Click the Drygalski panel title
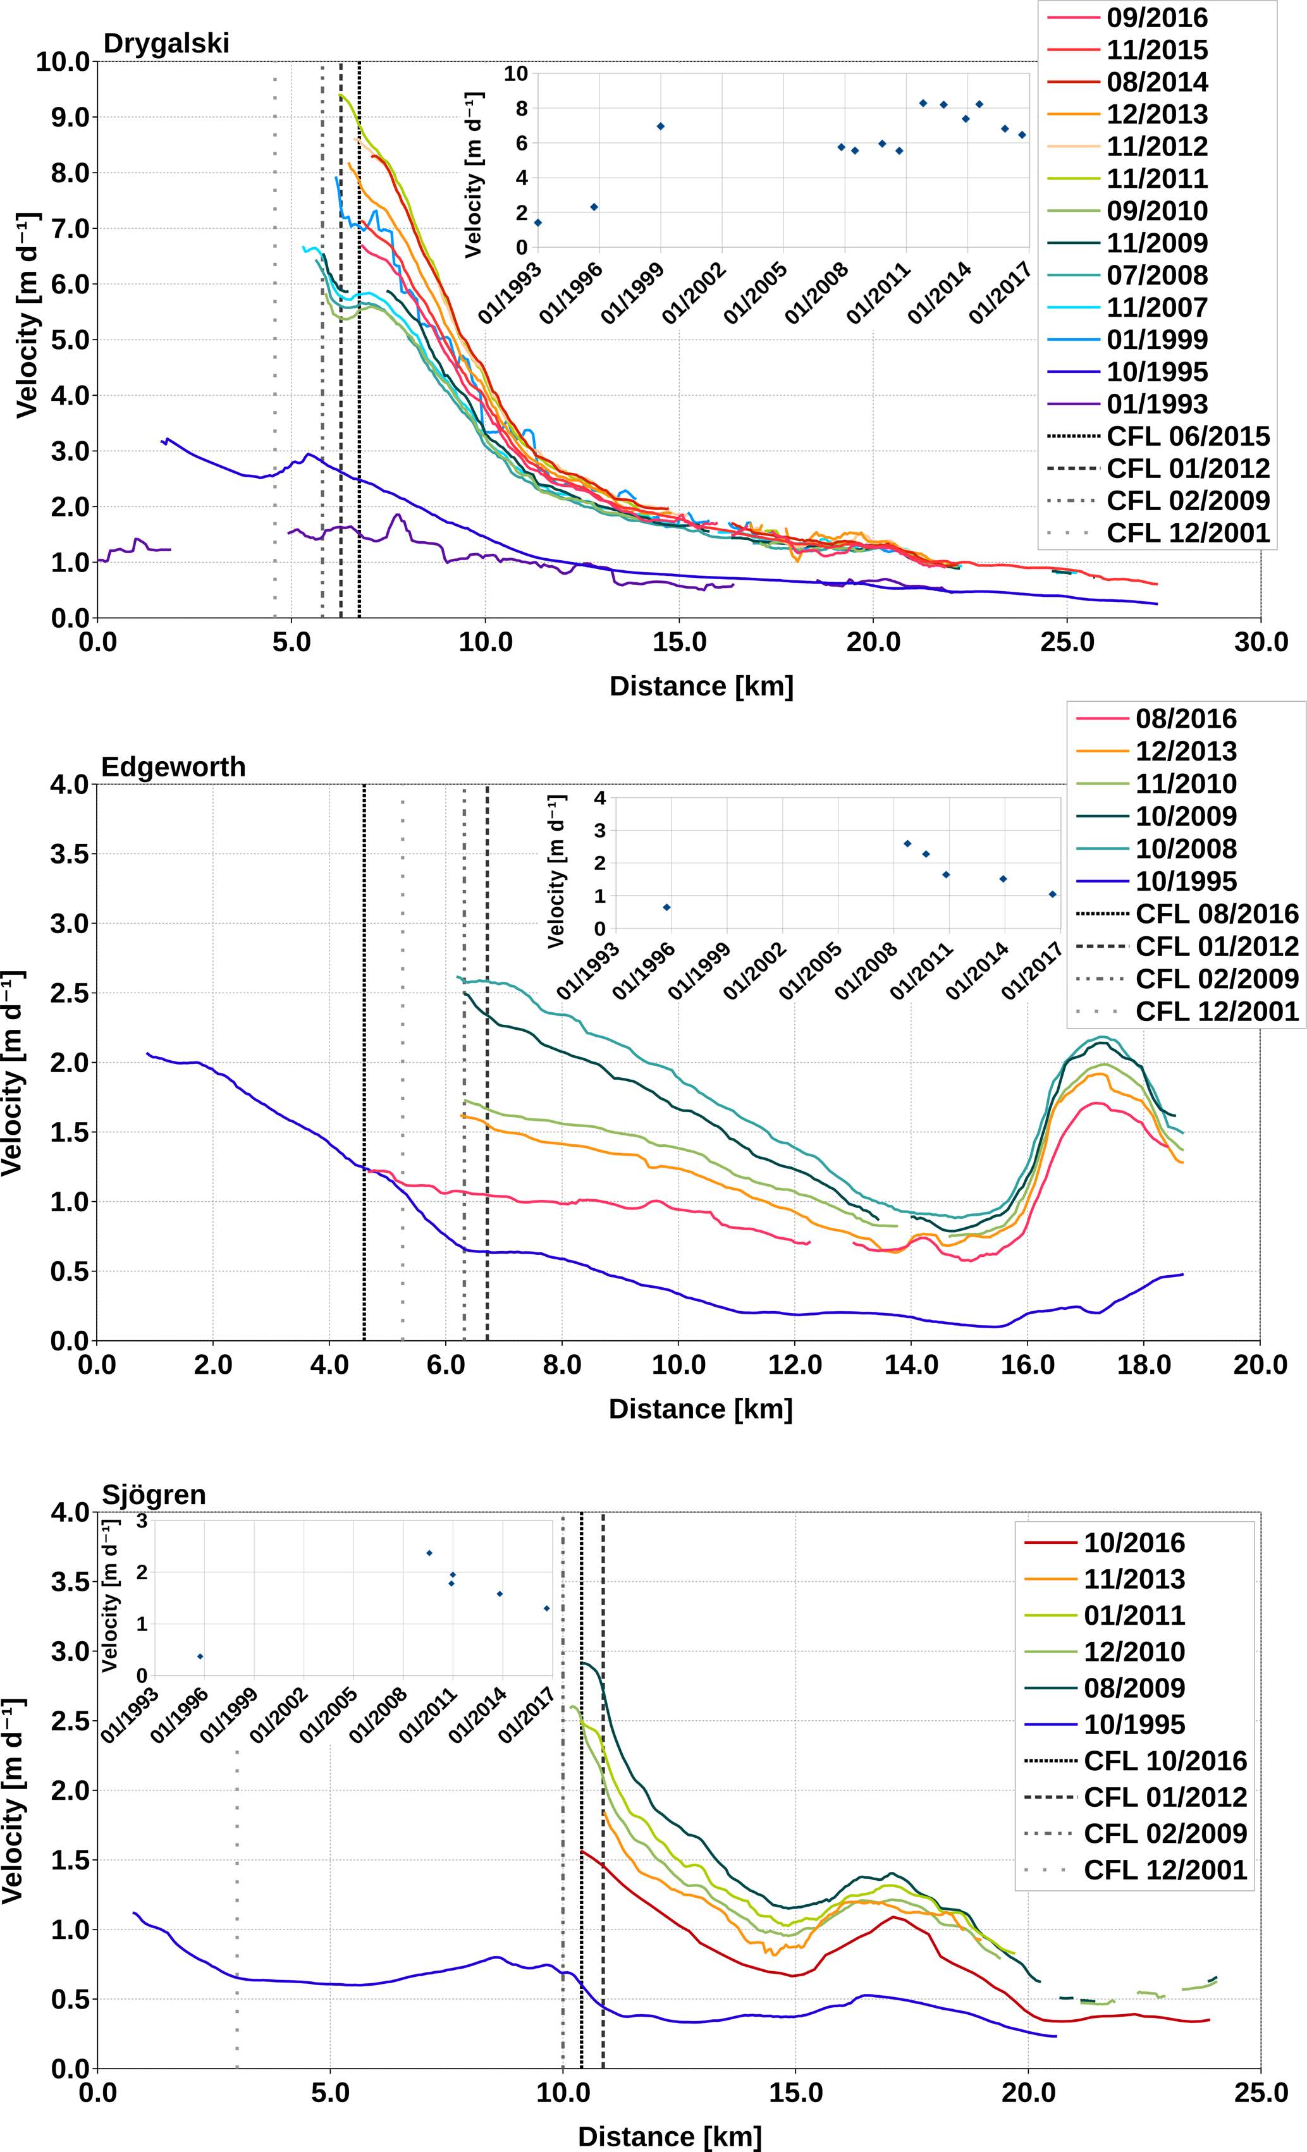(x=166, y=43)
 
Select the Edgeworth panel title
(x=173, y=767)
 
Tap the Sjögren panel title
(x=154, y=1495)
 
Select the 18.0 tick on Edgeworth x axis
(x=1144, y=1365)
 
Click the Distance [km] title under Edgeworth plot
(x=701, y=1409)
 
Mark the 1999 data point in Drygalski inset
(x=661, y=126)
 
